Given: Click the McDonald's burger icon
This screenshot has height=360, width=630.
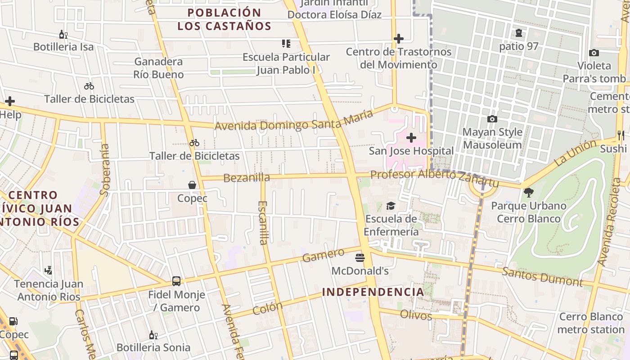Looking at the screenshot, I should [x=360, y=258].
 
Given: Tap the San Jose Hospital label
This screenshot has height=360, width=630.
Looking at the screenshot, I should [x=411, y=151].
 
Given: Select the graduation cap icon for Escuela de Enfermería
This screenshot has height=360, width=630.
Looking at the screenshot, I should [x=391, y=206].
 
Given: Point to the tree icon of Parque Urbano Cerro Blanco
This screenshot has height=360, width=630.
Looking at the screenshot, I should [x=529, y=193].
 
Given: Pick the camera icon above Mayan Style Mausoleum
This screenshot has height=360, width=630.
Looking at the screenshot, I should [x=492, y=119].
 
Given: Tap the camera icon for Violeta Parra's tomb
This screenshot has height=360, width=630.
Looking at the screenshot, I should [x=594, y=53].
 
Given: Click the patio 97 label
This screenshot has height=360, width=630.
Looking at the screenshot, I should [x=518, y=46].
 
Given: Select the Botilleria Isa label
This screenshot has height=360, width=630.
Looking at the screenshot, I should [x=63, y=47].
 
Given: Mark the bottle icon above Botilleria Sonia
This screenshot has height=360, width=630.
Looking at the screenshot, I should [x=153, y=335].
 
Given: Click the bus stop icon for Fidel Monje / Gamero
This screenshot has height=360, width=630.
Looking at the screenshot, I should [x=176, y=281].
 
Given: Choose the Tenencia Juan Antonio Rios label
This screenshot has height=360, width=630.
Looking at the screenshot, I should [x=49, y=290].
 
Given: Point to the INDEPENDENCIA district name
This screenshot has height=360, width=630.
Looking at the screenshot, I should [x=373, y=292].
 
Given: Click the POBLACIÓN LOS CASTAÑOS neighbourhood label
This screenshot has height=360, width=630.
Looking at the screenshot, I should [x=224, y=19].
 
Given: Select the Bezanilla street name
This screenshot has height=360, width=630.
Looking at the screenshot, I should [x=247, y=178].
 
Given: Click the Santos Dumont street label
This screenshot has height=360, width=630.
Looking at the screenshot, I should [x=542, y=276].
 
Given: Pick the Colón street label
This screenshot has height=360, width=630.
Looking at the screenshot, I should [x=268, y=308].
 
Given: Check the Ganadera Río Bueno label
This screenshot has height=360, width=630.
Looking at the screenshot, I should [x=158, y=68].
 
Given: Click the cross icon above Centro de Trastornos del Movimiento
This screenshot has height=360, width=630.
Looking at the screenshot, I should [x=398, y=39].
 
